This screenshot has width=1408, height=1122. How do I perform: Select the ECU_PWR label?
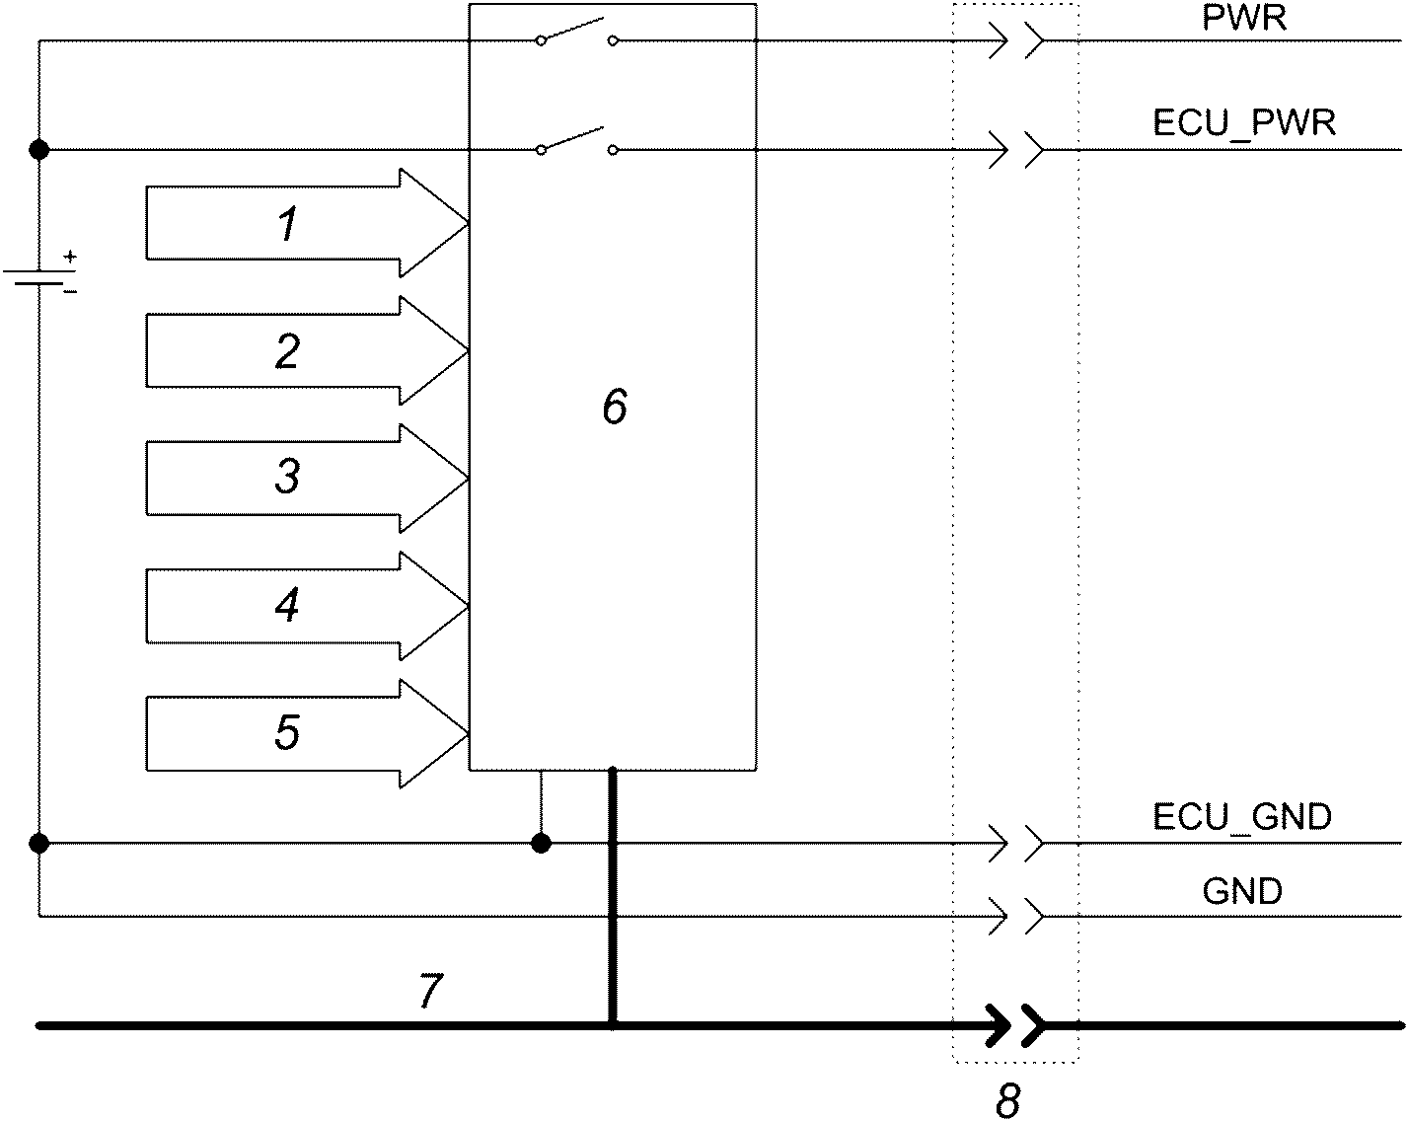coord(1244,123)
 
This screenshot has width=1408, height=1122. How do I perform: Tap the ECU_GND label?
coord(1242,817)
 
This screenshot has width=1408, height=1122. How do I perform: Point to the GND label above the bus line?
coord(1242,891)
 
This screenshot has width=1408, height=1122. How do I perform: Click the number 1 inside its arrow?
coord(288,224)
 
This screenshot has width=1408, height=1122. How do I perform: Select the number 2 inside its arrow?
coord(287,351)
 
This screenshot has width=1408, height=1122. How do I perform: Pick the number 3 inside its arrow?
coord(287,476)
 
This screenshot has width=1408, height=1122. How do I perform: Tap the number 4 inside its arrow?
coord(287,604)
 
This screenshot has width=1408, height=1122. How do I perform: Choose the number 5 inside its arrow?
coord(287,732)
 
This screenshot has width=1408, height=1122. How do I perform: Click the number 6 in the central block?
coord(615,407)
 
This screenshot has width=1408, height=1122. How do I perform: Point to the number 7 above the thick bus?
coord(431,991)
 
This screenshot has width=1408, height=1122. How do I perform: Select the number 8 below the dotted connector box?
coord(1007,1101)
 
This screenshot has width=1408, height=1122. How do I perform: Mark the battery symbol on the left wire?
coord(39,277)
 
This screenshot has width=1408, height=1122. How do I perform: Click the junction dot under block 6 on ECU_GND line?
coord(541,843)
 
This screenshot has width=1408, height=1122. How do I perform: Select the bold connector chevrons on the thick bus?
coord(1015,1025)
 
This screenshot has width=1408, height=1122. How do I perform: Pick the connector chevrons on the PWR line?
coord(1016,40)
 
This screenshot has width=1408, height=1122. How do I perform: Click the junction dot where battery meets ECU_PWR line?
coord(39,150)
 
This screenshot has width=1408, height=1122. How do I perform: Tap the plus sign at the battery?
coord(69,257)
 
